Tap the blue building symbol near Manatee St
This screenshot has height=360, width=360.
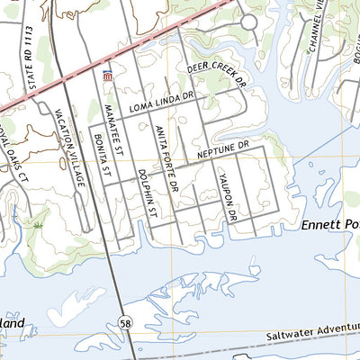tap(109, 76)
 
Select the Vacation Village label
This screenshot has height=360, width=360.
tap(71, 148)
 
